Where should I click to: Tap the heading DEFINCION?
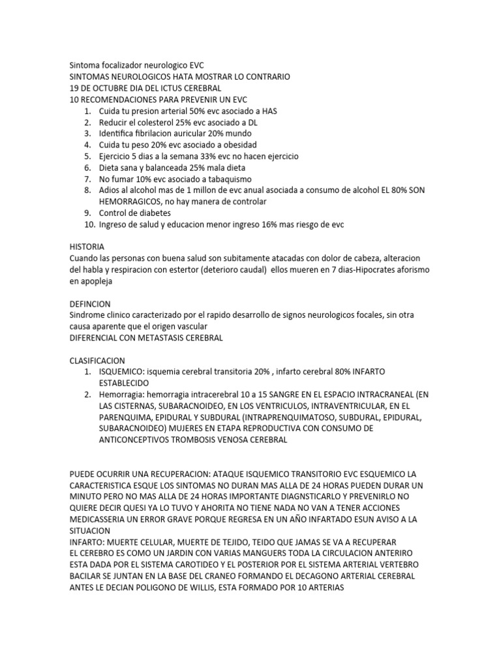pyautogui.click(x=90, y=304)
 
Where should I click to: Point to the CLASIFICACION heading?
pyautogui.click(x=97, y=360)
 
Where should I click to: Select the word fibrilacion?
pyautogui.click(x=155, y=133)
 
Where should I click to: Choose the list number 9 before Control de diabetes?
pyautogui.click(x=87, y=213)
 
